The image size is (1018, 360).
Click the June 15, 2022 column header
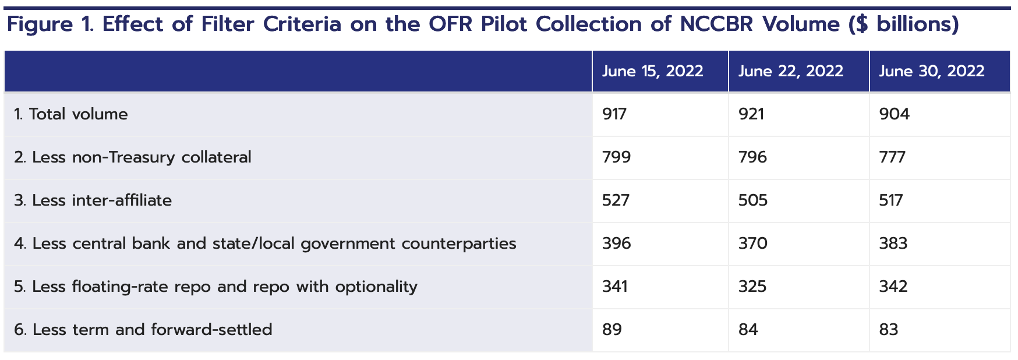click(x=652, y=71)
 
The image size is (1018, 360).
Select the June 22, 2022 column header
click(x=790, y=71)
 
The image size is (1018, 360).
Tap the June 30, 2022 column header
click(x=931, y=71)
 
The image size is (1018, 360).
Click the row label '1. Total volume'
click(x=71, y=114)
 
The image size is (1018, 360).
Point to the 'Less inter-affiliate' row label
click(x=93, y=200)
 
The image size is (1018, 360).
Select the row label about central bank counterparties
click(x=265, y=243)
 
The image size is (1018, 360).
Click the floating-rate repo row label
click(x=215, y=287)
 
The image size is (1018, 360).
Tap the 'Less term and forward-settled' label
click(x=143, y=330)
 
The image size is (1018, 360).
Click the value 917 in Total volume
click(x=614, y=114)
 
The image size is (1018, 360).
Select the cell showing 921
click(x=751, y=114)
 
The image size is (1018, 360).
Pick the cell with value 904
click(x=894, y=114)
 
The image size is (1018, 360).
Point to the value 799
click(x=616, y=157)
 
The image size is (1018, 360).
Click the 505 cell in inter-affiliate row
click(x=753, y=200)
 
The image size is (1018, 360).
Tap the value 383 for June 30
click(x=893, y=243)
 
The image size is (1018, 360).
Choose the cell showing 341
click(x=615, y=287)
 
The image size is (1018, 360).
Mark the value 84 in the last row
click(x=748, y=330)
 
